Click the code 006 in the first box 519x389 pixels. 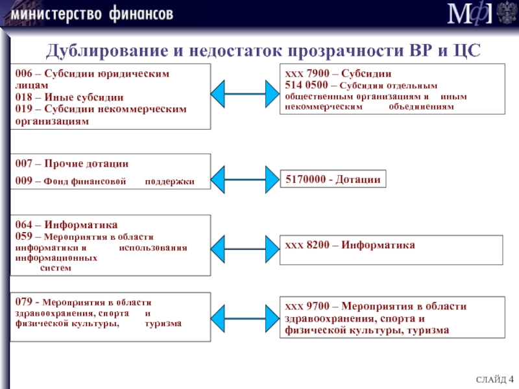[x=24, y=73]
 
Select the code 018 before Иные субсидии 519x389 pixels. [x=24, y=97]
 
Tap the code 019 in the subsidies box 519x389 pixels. [x=24, y=108]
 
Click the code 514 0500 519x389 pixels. [x=306, y=85]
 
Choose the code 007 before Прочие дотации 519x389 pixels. [x=24, y=163]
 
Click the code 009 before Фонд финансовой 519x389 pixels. [x=24, y=181]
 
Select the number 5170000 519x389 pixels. [x=306, y=179]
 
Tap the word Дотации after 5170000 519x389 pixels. [x=358, y=180]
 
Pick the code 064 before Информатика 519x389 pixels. [x=24, y=224]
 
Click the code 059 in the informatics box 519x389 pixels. [x=24, y=236]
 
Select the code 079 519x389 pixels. [x=24, y=301]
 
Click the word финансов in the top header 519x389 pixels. [x=141, y=14]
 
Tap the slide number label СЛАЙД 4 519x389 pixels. [x=494, y=379]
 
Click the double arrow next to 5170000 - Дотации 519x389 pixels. [x=245, y=180]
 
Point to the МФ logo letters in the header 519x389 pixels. [x=469, y=13]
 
